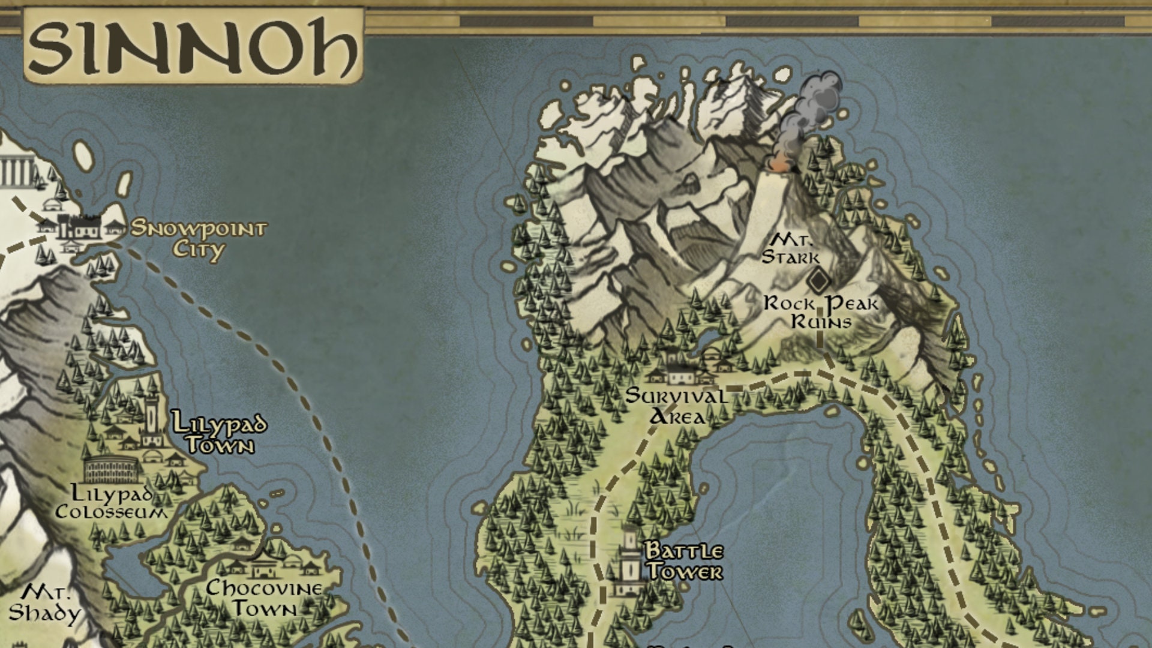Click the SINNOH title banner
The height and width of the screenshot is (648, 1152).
click(x=193, y=46)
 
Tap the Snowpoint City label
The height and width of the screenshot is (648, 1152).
click(x=199, y=238)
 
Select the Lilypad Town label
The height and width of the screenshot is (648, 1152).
click(x=219, y=433)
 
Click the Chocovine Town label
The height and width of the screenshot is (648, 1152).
click(x=264, y=598)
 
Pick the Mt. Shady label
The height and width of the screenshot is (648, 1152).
click(x=45, y=604)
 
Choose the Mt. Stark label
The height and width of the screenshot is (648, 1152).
click(x=791, y=249)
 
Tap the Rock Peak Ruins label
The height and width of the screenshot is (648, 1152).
click(x=821, y=312)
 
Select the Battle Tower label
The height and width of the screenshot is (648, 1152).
click(x=684, y=561)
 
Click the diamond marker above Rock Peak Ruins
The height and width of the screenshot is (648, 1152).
click(x=817, y=280)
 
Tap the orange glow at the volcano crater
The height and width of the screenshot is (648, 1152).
click(x=778, y=164)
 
